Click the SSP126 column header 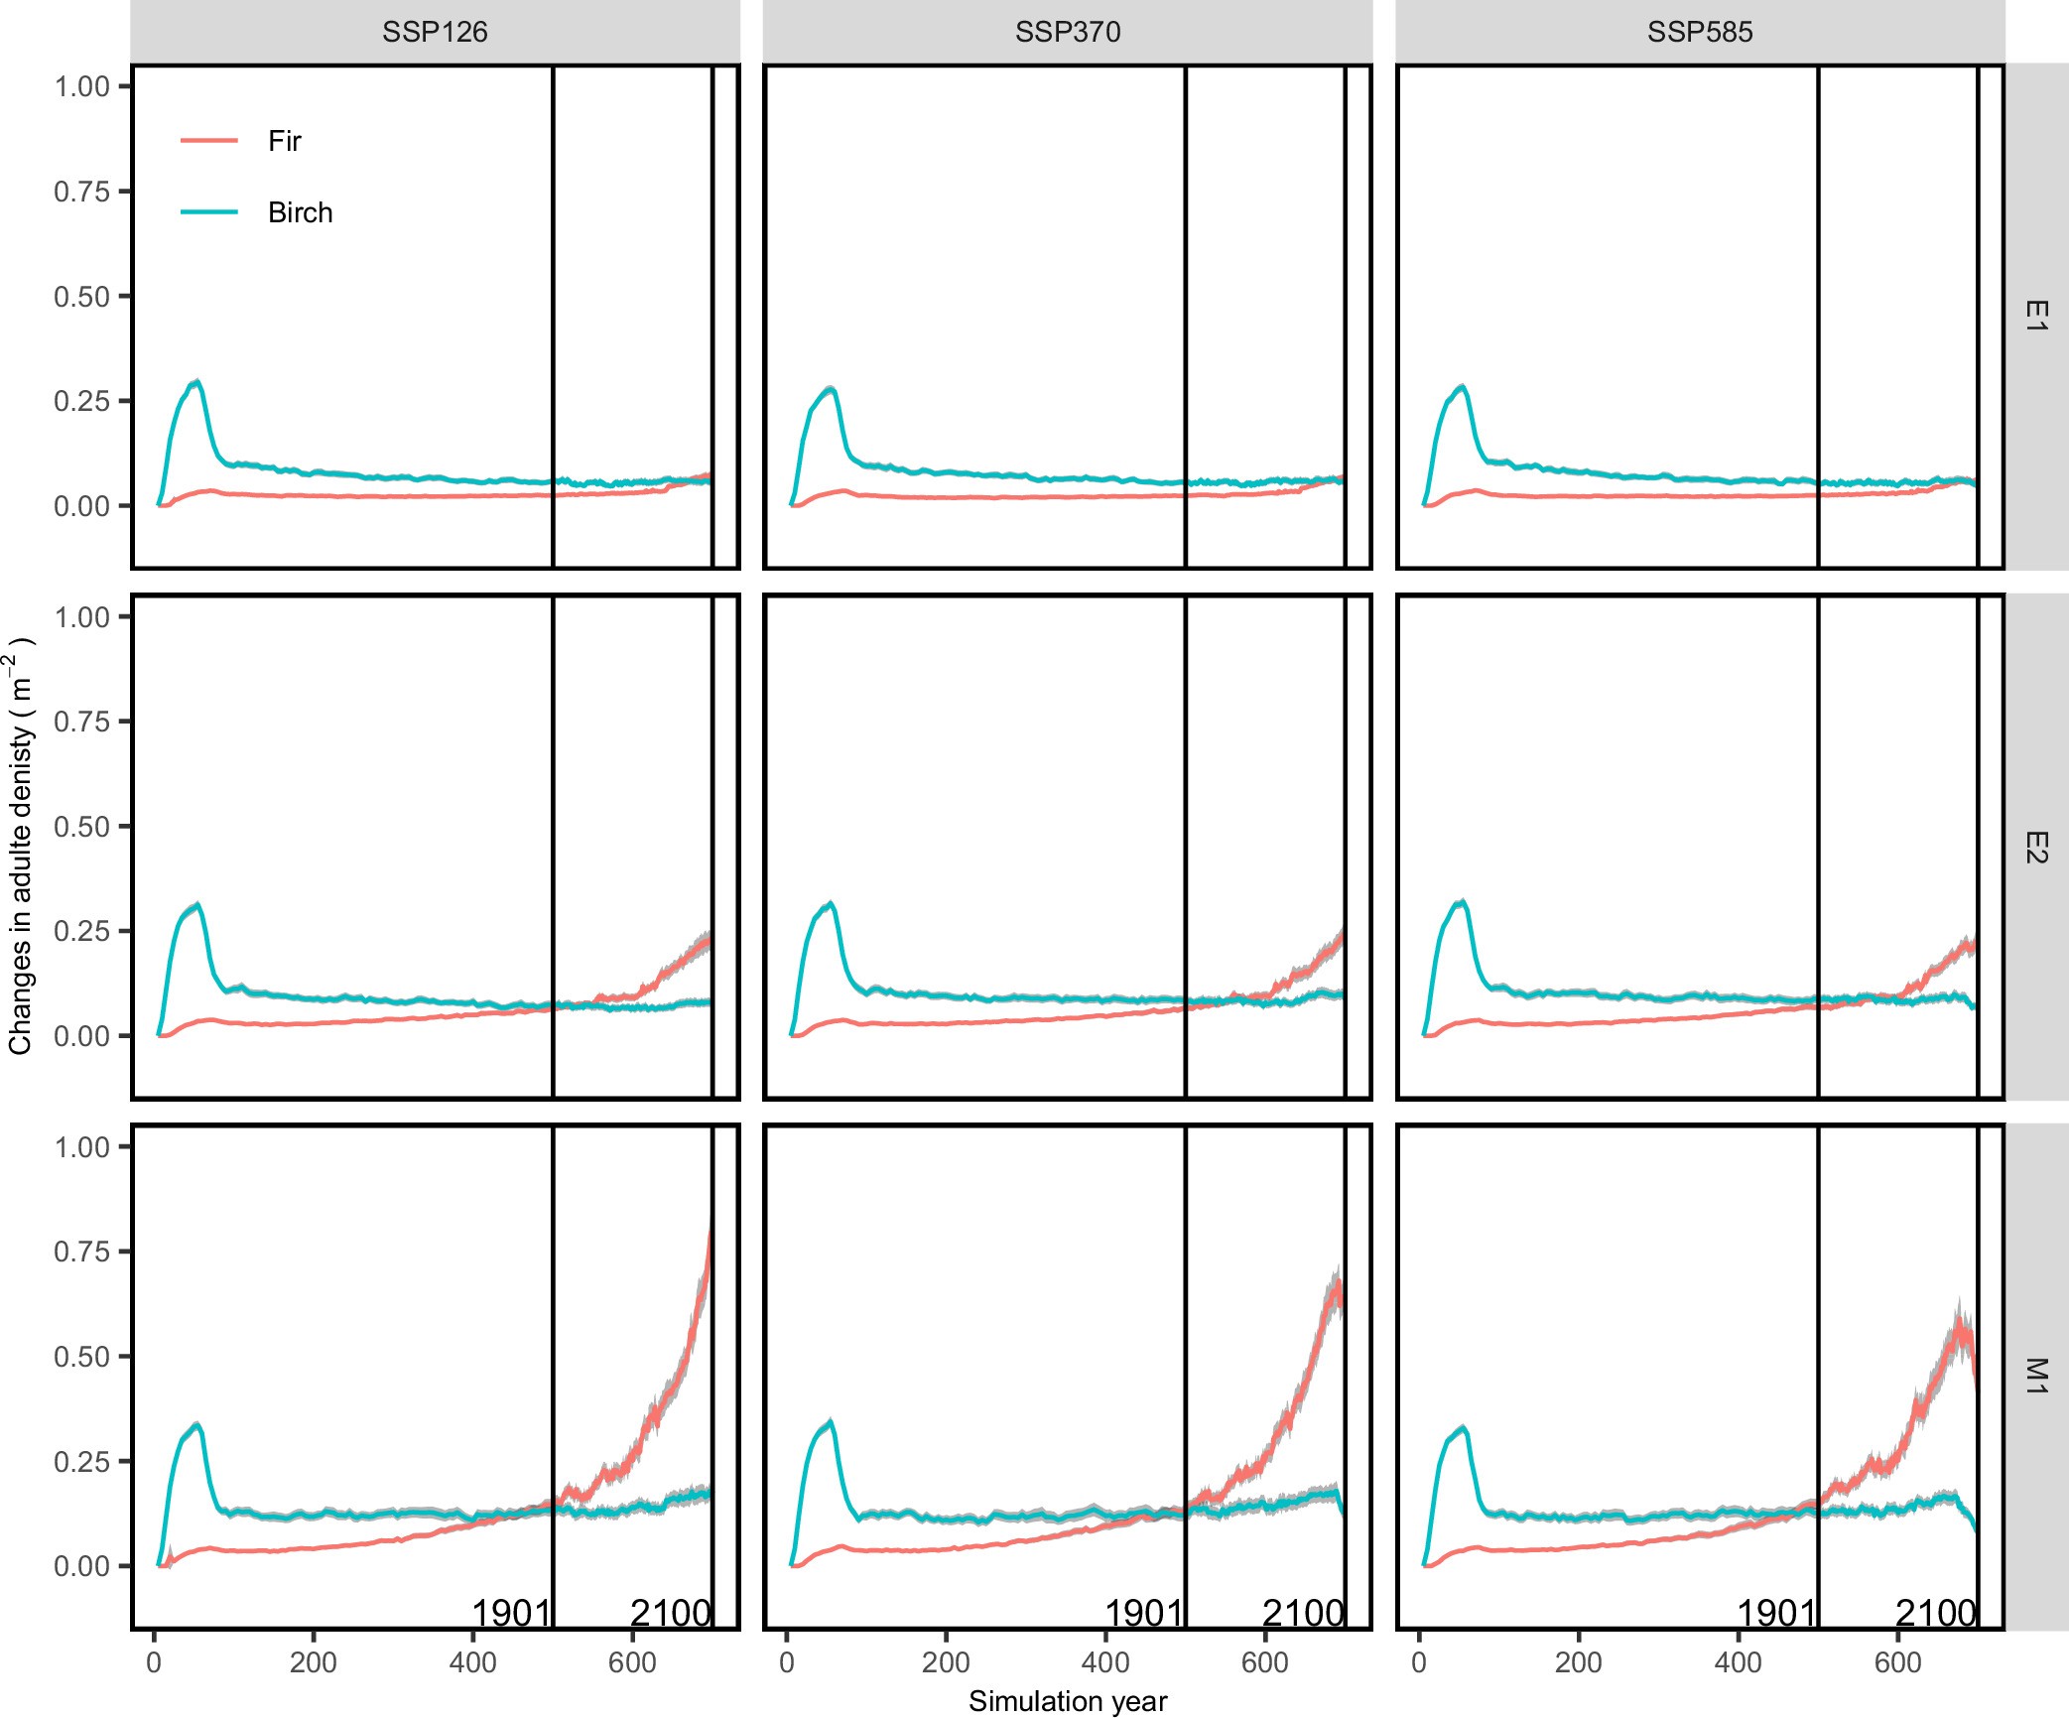tap(435, 32)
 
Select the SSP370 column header tap(1068, 32)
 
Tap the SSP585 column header tap(1700, 32)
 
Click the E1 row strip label tap(2035, 316)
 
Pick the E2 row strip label tap(2035, 847)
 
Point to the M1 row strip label tap(2035, 1377)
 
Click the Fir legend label tap(284, 141)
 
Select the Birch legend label tap(300, 212)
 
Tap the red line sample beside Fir tap(209, 141)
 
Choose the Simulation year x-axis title tap(1068, 1701)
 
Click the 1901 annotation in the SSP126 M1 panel tap(511, 1614)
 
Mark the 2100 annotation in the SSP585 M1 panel tap(1936, 1614)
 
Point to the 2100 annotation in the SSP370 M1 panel tap(1303, 1614)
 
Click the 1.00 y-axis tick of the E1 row tap(81, 86)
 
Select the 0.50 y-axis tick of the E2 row tap(81, 827)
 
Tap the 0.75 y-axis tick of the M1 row tap(81, 1252)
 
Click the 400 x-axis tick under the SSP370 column tap(1105, 1662)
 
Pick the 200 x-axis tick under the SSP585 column tap(1579, 1662)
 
